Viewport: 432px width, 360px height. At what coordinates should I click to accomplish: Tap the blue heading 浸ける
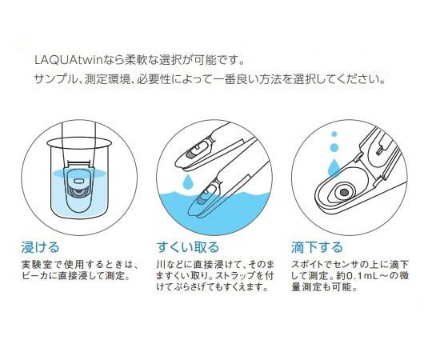coord(41,247)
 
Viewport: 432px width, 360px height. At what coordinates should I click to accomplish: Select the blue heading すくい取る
coord(188,247)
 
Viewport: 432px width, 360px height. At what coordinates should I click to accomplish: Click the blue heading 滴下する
coord(317,247)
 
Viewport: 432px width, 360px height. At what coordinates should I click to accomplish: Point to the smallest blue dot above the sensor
coord(334,134)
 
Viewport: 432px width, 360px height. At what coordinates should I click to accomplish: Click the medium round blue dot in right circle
coord(334,147)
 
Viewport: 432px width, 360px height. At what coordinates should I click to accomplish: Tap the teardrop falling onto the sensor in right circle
coord(334,167)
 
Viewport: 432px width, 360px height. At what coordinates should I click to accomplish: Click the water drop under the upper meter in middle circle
coord(188,180)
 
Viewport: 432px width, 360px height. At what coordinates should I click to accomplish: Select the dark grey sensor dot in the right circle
coord(343,193)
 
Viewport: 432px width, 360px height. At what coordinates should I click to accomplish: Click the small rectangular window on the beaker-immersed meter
coord(79,181)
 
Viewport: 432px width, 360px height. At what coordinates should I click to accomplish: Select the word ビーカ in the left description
coord(36,276)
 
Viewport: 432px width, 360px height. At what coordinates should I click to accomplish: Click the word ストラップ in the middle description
coord(236,276)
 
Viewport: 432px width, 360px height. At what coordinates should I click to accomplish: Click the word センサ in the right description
coord(350,264)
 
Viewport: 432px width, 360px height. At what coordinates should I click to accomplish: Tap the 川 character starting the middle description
coord(161,264)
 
